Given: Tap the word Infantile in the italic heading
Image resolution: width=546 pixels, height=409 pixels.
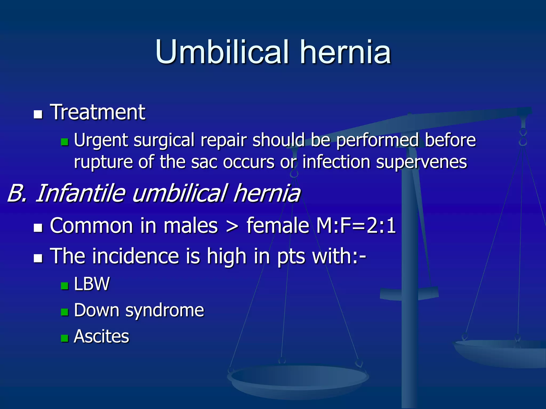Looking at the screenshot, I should click(x=80, y=193).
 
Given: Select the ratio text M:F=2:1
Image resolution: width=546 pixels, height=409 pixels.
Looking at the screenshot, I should click(x=356, y=226).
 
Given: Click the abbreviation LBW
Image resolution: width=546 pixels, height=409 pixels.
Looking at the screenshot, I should click(x=92, y=284).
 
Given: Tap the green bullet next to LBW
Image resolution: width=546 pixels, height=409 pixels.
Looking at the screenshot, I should click(x=65, y=286).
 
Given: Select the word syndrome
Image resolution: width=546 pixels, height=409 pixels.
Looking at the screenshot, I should click(x=164, y=310).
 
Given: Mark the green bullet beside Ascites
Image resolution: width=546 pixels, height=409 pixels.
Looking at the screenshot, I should click(x=65, y=338).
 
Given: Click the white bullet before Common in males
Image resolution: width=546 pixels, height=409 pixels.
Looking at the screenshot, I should click(x=38, y=228).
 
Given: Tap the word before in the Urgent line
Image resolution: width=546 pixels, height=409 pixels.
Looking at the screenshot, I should click(x=450, y=140).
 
